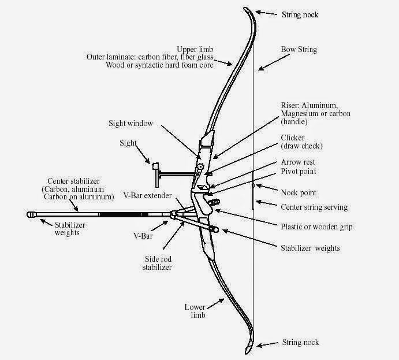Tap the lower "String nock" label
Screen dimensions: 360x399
(300, 343)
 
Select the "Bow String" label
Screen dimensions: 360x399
(299, 50)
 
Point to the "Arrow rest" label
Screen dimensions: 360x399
(298, 162)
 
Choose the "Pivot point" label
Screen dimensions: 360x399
(299, 172)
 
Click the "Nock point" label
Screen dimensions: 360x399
(298, 192)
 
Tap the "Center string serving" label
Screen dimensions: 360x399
(314, 206)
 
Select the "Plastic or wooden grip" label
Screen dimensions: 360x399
(316, 227)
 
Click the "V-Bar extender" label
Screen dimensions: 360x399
(147, 196)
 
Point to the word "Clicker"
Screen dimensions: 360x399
(293, 138)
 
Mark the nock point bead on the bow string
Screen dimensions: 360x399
(253, 186)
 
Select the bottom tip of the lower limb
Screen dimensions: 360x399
(247, 350)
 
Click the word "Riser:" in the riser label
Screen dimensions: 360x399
(292, 105)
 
